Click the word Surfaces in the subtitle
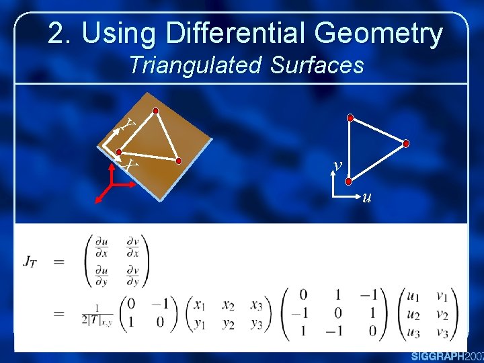317,65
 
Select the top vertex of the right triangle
350,118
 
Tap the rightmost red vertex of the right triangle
407,143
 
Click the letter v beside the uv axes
338,165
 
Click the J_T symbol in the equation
30,261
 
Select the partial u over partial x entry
102,248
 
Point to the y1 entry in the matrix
198,322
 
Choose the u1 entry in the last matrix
413,294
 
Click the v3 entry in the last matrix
442,332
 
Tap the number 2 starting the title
57,34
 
